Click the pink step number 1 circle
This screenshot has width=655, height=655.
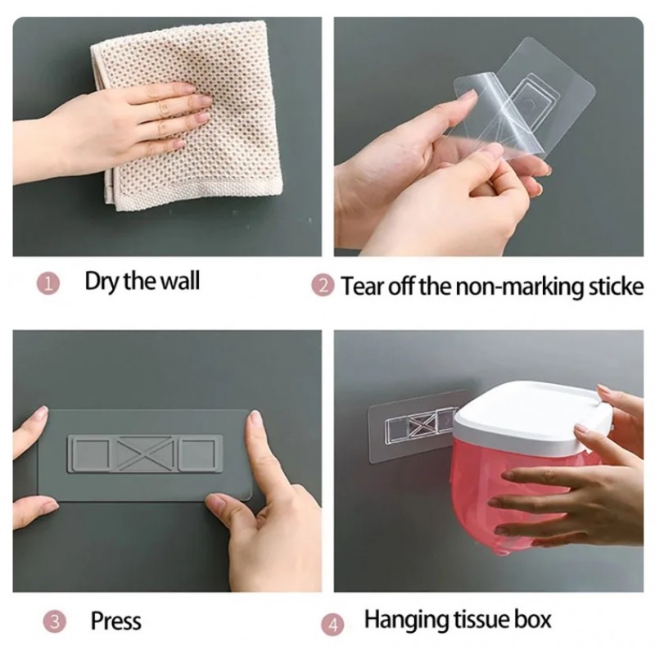[x=48, y=284]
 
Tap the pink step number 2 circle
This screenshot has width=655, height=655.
[x=323, y=286]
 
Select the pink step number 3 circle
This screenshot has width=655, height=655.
[x=55, y=622]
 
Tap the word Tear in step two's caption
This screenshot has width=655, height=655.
[x=363, y=287]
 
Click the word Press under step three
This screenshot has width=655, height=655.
[x=116, y=621]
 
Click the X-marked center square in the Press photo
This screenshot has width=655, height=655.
[x=144, y=453]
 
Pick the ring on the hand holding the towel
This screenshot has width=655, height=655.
[x=161, y=107]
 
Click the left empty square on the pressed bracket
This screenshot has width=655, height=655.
[x=91, y=453]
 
